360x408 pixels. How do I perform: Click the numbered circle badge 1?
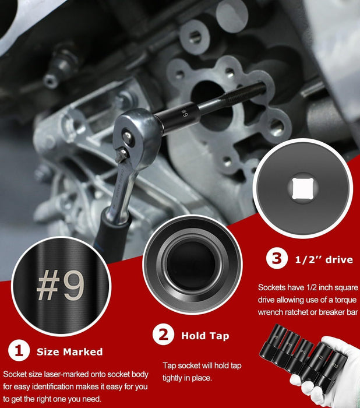tap(19, 351)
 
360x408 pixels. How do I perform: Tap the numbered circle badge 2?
tap(163, 335)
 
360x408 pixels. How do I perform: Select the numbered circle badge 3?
tap(277, 258)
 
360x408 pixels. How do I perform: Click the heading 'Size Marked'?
tap(70, 352)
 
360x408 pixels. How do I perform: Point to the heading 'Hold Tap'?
tap(205, 336)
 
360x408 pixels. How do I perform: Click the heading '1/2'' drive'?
tap(324, 259)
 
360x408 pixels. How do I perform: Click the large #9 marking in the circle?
tap(61, 285)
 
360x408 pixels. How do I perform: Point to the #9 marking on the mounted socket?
tap(184, 113)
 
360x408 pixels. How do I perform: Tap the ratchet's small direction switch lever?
tap(121, 155)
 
